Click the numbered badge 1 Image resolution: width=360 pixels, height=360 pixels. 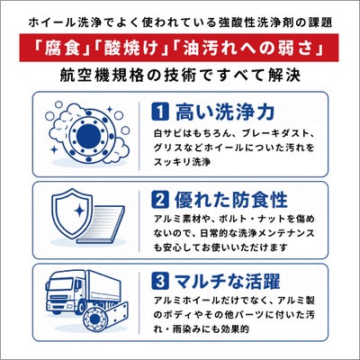point(160,112)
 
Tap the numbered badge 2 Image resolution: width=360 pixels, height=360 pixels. point(160,200)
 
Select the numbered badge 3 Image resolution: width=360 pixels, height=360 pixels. point(160,281)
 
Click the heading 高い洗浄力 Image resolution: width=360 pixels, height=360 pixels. point(225,112)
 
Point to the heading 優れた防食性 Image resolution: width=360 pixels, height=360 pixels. point(231,200)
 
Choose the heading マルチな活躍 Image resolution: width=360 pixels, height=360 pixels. point(228,281)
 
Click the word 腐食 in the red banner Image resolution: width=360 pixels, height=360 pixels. point(62,48)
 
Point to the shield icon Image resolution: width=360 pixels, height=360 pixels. point(72,213)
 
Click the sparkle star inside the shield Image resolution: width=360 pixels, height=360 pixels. point(79,211)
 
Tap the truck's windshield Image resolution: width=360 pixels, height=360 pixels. point(60,284)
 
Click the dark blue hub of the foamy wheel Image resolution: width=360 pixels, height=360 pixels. point(88,135)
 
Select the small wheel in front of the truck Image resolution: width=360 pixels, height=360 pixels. point(94,318)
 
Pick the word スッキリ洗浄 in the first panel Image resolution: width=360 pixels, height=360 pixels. point(182,162)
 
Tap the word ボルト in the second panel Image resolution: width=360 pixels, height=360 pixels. point(229,219)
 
